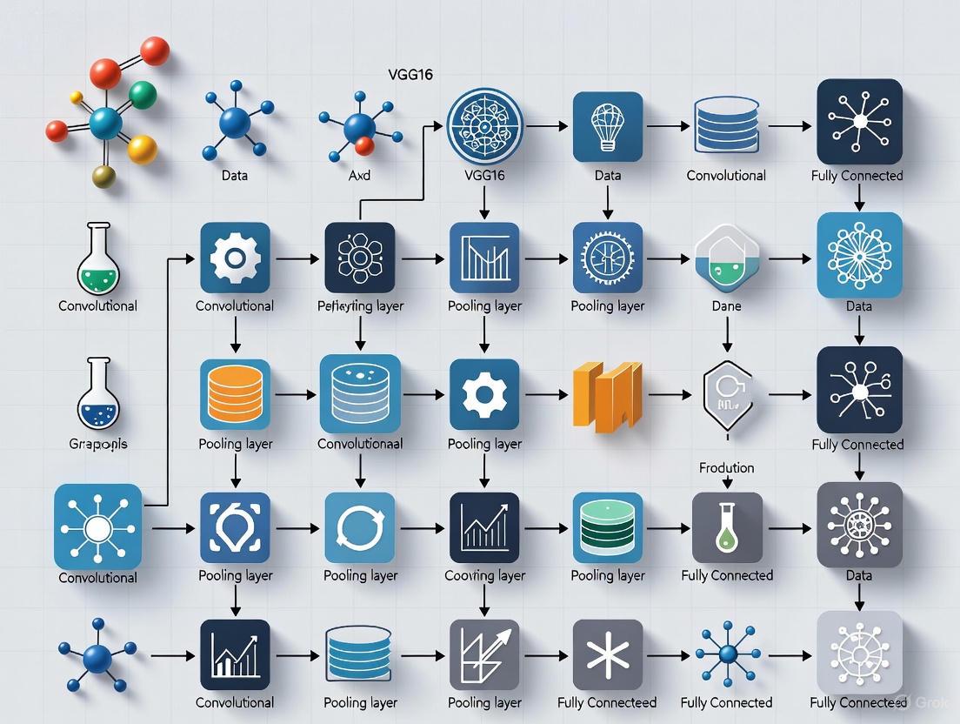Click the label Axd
(x=359, y=176)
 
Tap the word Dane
(x=726, y=306)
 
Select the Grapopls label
(x=98, y=444)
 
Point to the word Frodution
(x=726, y=468)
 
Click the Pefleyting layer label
(x=360, y=306)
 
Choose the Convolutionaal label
(x=360, y=444)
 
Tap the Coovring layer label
(x=484, y=576)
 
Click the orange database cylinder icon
(x=235, y=394)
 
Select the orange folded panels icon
(x=608, y=396)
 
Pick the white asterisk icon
(x=608, y=654)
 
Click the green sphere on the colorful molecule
(x=143, y=94)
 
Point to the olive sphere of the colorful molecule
(x=103, y=177)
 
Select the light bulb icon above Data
(x=608, y=126)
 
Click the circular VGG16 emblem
(x=484, y=126)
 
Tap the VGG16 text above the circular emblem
(x=410, y=75)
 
